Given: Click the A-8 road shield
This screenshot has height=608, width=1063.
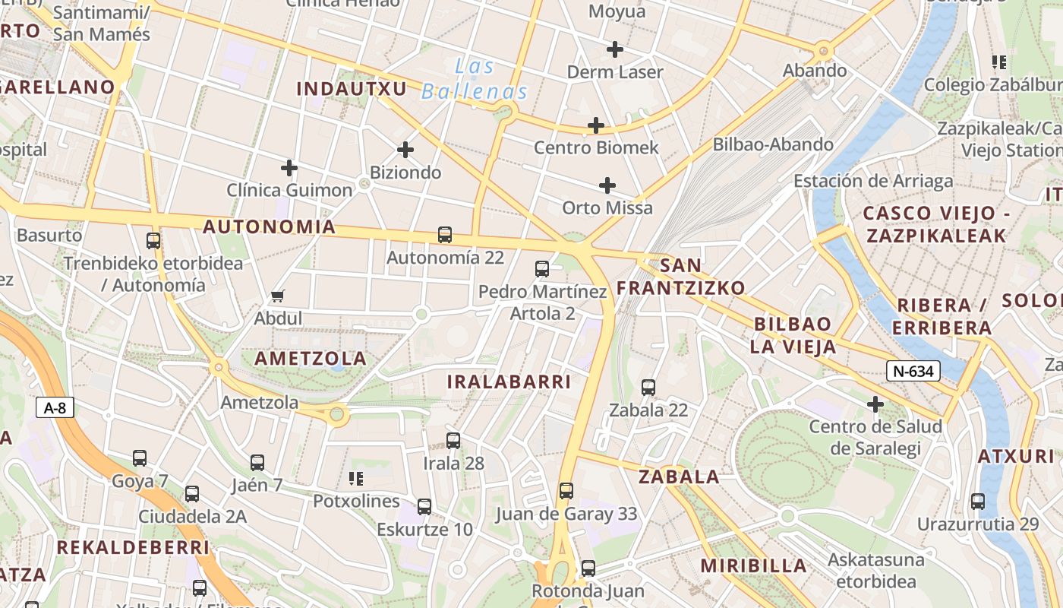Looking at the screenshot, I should pyautogui.click(x=55, y=408).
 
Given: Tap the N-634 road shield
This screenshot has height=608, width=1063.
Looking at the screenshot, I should pyautogui.click(x=913, y=371).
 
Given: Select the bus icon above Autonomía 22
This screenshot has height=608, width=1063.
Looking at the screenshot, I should pyautogui.click(x=445, y=235).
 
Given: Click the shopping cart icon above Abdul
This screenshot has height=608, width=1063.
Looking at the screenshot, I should pyautogui.click(x=278, y=296).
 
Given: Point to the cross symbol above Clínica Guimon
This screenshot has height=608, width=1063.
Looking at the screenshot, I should pyautogui.click(x=289, y=167).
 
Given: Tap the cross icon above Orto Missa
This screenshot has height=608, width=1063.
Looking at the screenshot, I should pyautogui.click(x=607, y=185).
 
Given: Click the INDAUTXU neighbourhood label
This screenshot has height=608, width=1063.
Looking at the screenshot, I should pyautogui.click(x=352, y=88).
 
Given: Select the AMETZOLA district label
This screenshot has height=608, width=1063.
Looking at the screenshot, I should pyautogui.click(x=311, y=358).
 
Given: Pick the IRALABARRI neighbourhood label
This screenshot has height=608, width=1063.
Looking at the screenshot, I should pyautogui.click(x=508, y=382).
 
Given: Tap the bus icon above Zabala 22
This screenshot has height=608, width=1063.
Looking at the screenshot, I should pyautogui.click(x=648, y=388).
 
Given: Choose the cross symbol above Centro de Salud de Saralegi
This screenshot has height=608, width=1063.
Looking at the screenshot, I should pyautogui.click(x=875, y=404).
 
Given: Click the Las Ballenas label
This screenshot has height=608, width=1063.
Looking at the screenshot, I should pyautogui.click(x=475, y=79).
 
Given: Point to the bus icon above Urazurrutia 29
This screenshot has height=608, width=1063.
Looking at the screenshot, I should pyautogui.click(x=978, y=502).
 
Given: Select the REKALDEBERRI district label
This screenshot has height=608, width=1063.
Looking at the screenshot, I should pyautogui.click(x=133, y=547).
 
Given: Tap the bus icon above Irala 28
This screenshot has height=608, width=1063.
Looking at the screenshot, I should pyautogui.click(x=453, y=440).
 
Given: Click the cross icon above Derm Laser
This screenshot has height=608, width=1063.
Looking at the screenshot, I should pyautogui.click(x=615, y=49).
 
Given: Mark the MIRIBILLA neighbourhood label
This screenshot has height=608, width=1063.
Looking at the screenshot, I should pyautogui.click(x=753, y=565).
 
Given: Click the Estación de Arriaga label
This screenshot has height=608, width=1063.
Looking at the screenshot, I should pyautogui.click(x=873, y=181).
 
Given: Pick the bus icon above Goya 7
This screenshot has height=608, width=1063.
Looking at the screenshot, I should pyautogui.click(x=140, y=458).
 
